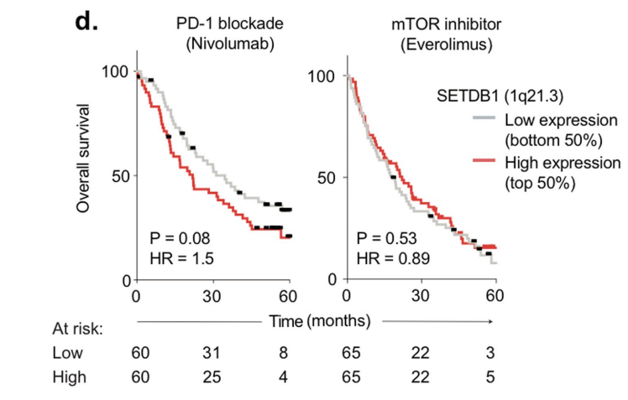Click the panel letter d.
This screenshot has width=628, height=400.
point(86,23)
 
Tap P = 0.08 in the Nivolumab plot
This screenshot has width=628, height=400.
point(179,237)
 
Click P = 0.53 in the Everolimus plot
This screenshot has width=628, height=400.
point(387,237)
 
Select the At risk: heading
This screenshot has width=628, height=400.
point(78,329)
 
